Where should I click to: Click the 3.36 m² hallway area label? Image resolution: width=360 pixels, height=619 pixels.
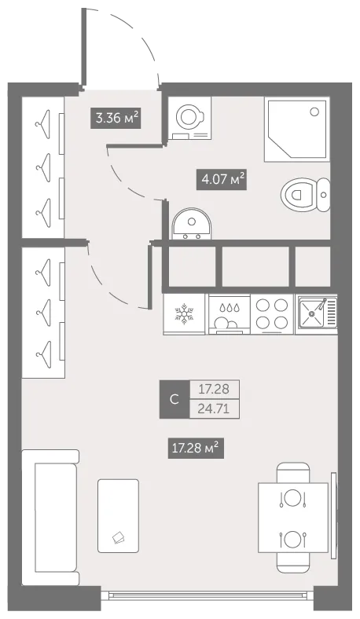[116, 118]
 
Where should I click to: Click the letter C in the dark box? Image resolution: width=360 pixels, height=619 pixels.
[174, 400]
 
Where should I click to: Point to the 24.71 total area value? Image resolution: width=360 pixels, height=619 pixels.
[214, 408]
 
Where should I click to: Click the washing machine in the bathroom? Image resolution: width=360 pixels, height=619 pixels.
[189, 118]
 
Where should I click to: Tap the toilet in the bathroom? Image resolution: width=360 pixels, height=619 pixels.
[306, 195]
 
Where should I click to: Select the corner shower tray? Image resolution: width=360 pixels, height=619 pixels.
[297, 130]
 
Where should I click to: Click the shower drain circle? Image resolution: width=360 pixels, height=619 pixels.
[314, 112]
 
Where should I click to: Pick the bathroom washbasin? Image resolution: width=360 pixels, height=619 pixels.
[192, 224]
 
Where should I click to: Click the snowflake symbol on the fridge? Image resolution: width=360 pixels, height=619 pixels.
[184, 314]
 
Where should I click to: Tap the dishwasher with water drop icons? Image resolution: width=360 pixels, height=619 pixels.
[230, 315]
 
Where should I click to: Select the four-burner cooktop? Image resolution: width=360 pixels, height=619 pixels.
[272, 314]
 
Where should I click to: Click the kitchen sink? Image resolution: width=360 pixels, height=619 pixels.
[317, 313]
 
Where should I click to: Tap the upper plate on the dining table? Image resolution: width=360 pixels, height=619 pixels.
[293, 498]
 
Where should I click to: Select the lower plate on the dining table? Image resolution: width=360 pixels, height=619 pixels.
[293, 540]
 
